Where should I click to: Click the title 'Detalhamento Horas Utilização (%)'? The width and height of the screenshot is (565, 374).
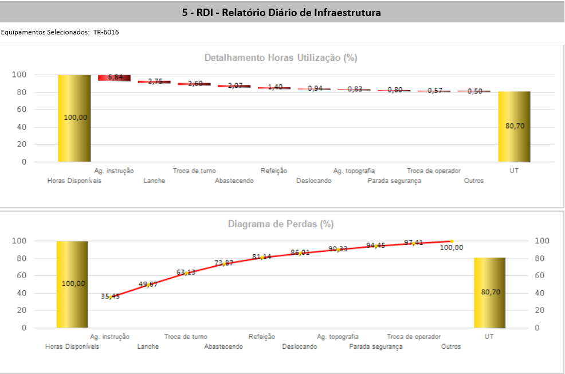(281, 58)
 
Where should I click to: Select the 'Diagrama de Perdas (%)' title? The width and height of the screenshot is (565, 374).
(281, 224)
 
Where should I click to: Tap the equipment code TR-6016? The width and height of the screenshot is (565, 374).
(106, 32)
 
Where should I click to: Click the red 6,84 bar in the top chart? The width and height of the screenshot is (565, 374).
(115, 77)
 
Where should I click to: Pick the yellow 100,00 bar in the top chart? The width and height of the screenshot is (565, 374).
(74, 118)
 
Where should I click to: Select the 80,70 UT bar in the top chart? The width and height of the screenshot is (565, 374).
(514, 126)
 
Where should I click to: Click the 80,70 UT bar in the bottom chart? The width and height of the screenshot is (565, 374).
(490, 293)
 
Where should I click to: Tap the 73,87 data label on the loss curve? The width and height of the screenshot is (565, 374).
(224, 263)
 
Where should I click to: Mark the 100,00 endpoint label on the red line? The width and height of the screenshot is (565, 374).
(452, 248)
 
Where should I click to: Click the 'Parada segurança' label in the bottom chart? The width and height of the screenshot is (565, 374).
(375, 346)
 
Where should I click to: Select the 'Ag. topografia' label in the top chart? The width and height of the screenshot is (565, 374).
(354, 170)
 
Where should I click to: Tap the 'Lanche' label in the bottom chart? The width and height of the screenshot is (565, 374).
(148, 346)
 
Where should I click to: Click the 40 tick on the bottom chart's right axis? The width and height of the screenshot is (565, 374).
(541, 293)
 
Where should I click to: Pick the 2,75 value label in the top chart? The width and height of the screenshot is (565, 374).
(154, 81)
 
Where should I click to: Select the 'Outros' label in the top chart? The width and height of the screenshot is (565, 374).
(474, 181)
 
